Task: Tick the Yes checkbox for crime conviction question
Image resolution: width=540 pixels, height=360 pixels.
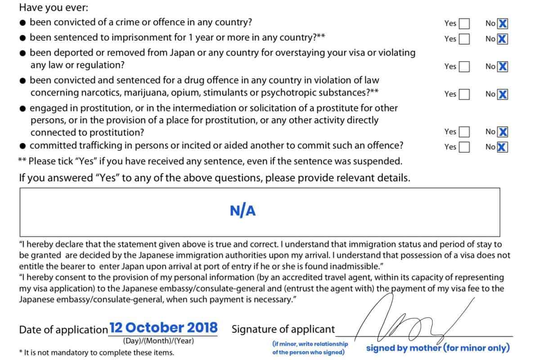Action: point(464,23)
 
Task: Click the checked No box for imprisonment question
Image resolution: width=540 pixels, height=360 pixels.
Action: point(503,39)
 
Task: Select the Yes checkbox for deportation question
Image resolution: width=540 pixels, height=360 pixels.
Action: point(464,67)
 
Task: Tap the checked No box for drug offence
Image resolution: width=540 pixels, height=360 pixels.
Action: point(503,94)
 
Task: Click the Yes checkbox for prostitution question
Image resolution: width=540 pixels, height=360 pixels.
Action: point(464,132)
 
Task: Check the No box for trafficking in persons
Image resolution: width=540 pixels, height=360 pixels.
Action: point(503,147)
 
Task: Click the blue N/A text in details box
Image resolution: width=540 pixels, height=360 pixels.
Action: point(243,211)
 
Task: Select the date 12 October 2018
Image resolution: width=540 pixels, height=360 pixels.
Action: point(163,328)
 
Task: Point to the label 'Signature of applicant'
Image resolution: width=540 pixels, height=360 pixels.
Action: point(283,329)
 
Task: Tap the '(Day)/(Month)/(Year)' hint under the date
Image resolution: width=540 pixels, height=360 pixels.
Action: point(158,341)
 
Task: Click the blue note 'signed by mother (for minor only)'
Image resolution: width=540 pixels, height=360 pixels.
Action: point(437,348)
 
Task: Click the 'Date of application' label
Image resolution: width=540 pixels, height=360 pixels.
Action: point(63,329)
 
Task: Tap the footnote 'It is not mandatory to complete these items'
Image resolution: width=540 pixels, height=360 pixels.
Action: point(96,353)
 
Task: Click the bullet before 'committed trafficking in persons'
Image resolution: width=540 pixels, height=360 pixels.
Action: point(23,146)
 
